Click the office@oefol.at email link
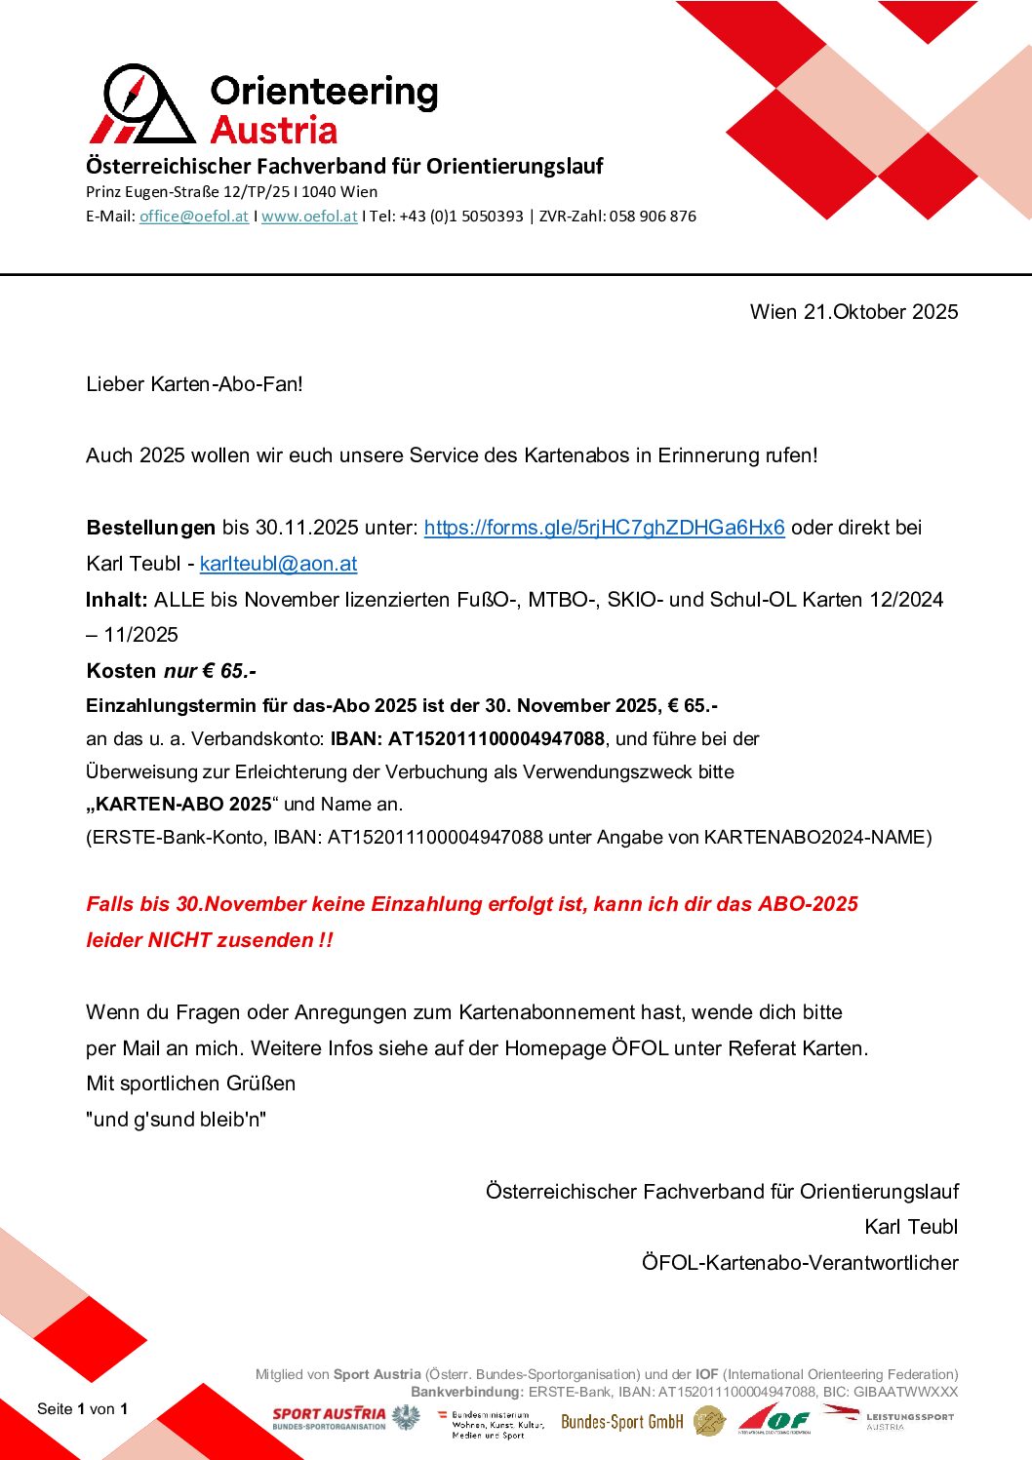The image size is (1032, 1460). (x=193, y=217)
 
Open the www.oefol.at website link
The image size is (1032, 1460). (x=309, y=217)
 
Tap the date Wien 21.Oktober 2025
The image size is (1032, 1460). (x=853, y=312)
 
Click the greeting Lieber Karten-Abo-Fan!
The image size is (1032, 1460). (x=194, y=384)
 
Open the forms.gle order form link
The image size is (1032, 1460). (x=604, y=528)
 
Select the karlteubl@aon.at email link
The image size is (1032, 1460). (x=278, y=564)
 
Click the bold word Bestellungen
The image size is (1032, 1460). (x=150, y=528)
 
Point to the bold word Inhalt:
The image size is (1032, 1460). (x=116, y=600)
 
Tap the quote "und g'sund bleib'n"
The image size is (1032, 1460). (x=177, y=1120)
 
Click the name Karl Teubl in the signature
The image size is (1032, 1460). (x=911, y=1227)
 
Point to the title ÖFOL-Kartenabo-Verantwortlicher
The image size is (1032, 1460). (x=800, y=1263)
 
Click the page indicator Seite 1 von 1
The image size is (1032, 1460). (x=82, y=1408)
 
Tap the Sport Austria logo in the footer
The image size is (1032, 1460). (x=330, y=1418)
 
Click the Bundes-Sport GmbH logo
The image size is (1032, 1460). (x=622, y=1422)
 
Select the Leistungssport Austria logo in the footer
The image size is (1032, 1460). (x=889, y=1418)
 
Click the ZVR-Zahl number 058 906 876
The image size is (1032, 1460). (x=653, y=217)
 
